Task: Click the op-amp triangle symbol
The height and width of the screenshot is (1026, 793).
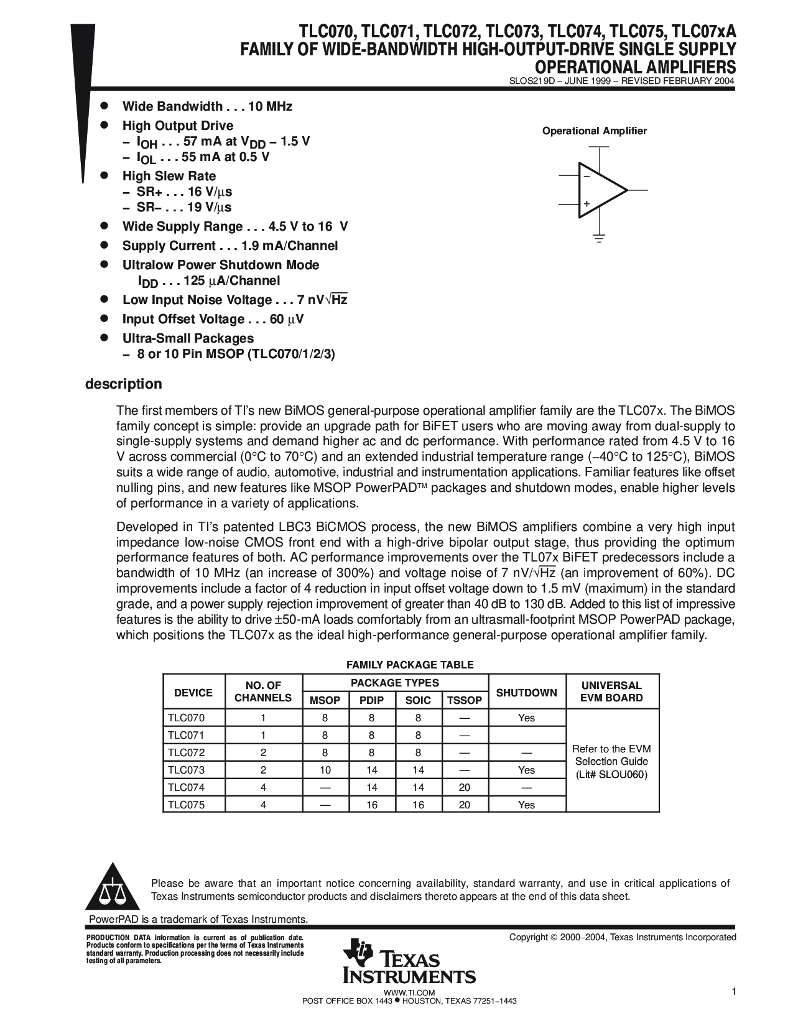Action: [x=600, y=190]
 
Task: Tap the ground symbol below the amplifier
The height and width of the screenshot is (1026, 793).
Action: [x=599, y=238]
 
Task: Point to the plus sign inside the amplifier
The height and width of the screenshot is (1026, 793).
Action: [x=586, y=204]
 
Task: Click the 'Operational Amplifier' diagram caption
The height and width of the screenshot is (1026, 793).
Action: [x=595, y=131]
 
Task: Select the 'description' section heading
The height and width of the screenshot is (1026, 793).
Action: [x=123, y=384]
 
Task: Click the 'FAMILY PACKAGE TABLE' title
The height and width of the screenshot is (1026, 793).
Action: [x=410, y=665]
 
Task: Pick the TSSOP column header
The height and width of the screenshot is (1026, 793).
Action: [x=465, y=700]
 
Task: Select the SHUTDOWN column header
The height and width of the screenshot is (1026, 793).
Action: [x=527, y=692]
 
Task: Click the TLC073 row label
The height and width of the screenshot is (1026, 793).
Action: [x=186, y=770]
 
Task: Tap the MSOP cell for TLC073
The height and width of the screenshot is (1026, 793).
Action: [x=325, y=770]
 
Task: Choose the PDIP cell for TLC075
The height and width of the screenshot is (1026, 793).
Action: [x=371, y=805]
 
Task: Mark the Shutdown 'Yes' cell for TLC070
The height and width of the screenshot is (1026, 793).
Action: [x=526, y=718]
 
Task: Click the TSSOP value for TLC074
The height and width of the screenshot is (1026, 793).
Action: [x=465, y=787]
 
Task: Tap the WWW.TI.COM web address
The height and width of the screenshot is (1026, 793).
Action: [x=409, y=992]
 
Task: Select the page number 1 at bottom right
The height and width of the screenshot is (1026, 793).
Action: [x=734, y=992]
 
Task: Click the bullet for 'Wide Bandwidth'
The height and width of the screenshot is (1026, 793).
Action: [x=105, y=106]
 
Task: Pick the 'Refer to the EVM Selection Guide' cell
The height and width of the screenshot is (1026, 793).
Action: [x=611, y=762]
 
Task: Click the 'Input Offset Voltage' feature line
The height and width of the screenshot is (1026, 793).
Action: [x=213, y=319]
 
